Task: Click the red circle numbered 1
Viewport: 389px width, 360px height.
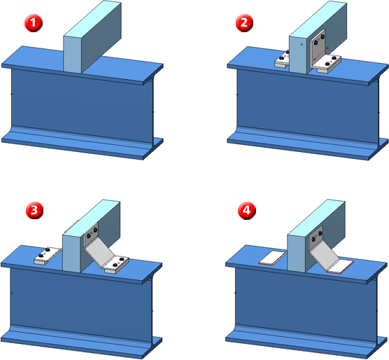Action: tap(34, 23)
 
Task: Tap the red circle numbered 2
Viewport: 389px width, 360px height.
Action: tap(244, 23)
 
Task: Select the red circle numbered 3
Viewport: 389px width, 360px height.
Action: tap(35, 210)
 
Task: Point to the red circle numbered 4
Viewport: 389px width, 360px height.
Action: tap(246, 210)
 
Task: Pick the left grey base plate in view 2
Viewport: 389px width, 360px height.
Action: tap(282, 60)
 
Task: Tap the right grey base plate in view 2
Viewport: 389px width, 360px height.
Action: tap(327, 64)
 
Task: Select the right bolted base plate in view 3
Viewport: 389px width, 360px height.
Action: tap(117, 265)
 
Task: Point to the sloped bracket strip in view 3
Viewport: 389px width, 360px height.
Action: tap(99, 254)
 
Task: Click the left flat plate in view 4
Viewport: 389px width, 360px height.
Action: tap(272, 258)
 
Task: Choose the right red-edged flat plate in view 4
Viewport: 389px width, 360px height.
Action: tap(340, 267)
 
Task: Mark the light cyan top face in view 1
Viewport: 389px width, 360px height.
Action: tap(92, 19)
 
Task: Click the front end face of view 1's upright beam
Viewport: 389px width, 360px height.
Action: tap(73, 55)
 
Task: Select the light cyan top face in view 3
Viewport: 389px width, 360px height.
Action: tap(91, 217)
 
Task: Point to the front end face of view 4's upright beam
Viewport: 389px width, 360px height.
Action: tap(296, 253)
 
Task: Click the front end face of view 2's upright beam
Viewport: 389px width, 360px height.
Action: tap(298, 55)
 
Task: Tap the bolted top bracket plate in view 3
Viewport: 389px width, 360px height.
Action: tap(91, 235)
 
